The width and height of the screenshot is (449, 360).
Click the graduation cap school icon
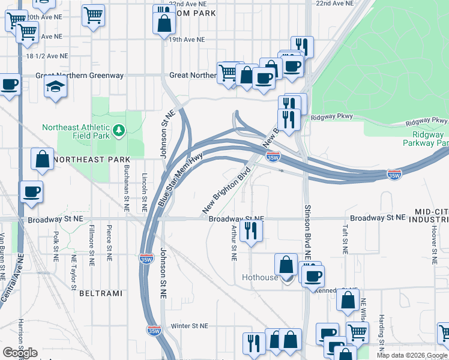[x=55, y=88]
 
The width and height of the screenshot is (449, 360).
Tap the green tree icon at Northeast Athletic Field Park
[x=119, y=129]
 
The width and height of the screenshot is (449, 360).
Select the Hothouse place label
[x=260, y=278]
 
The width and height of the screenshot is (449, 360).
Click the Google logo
[x=20, y=353]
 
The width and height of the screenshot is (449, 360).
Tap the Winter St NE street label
[x=188, y=326]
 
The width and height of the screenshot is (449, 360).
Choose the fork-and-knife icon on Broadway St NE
[x=250, y=230]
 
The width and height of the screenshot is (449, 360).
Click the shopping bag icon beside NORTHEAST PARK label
[x=41, y=160]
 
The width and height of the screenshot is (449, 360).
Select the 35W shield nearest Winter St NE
[x=154, y=331]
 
